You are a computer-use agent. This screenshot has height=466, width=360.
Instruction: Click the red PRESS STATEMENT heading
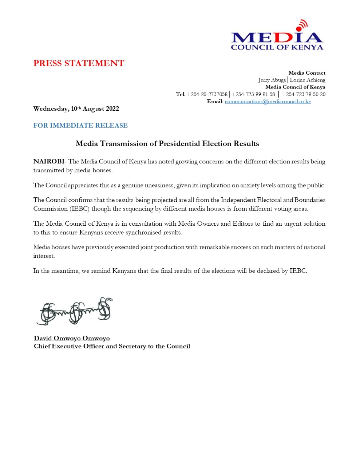[x=79, y=63]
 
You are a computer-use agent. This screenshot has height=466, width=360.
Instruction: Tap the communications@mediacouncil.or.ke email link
[x=268, y=102]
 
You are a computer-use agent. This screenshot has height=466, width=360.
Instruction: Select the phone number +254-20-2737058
[x=207, y=94]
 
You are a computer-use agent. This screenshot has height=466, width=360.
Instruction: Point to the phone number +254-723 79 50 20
[x=304, y=94]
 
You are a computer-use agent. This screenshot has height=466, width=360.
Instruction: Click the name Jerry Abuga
[x=272, y=80]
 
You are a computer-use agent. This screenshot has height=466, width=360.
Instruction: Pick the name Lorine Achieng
[x=308, y=80]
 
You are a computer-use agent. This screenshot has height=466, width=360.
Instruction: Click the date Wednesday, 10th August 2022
[x=76, y=109]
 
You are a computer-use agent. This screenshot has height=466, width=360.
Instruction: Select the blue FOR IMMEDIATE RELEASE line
[x=80, y=126]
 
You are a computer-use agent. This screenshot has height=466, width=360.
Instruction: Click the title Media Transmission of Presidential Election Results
[x=167, y=144]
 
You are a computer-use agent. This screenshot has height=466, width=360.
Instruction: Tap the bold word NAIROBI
[x=49, y=162]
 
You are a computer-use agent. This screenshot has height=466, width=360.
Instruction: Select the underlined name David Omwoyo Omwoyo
[x=72, y=339]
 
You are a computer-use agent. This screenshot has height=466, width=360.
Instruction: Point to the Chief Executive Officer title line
[x=112, y=346]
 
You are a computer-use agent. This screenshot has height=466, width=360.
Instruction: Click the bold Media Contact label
[x=307, y=73]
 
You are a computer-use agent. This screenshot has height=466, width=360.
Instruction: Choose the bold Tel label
[x=180, y=94]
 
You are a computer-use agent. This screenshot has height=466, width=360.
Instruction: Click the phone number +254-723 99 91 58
[x=253, y=94]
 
